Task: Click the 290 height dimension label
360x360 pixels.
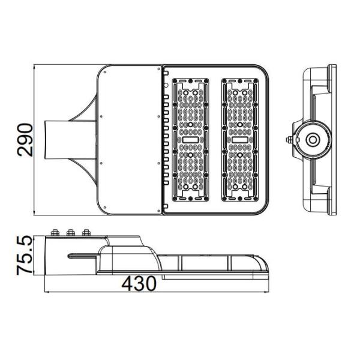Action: click(x=25, y=139)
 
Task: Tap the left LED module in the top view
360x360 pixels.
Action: click(x=191, y=139)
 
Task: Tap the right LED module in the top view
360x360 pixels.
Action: click(x=241, y=139)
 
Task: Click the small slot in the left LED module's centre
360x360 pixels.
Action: click(x=191, y=140)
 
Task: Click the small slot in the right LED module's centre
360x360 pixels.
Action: click(x=241, y=140)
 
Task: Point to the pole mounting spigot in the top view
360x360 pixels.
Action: click(x=60, y=139)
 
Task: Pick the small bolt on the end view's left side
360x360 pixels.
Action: click(x=289, y=140)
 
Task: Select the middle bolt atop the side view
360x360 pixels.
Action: click(x=70, y=233)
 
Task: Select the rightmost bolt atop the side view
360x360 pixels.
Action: click(x=85, y=233)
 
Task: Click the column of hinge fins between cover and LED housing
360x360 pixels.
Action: click(x=164, y=139)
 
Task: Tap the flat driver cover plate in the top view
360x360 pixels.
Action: click(x=129, y=139)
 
